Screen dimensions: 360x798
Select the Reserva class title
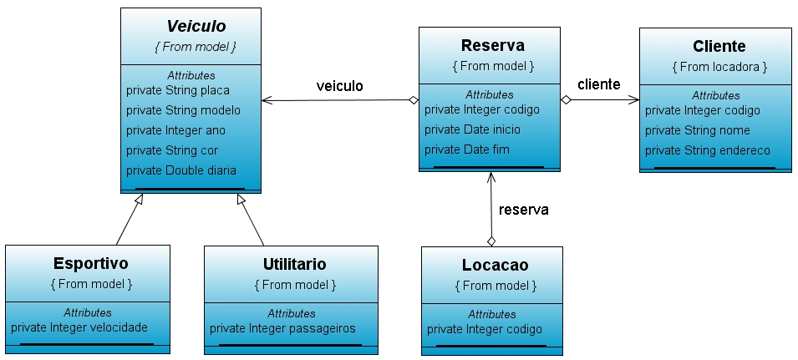click(492, 45)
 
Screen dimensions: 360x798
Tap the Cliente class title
click(719, 46)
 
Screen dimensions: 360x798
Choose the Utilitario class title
click(288, 265)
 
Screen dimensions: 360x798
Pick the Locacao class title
click(495, 266)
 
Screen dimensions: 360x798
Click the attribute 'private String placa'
click(177, 90)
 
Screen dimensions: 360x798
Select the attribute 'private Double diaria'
click(180, 170)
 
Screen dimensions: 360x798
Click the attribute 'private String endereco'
click(708, 150)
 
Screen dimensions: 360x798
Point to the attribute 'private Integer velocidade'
click(79, 327)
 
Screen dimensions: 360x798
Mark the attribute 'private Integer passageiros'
click(282, 328)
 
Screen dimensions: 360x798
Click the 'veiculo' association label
click(339, 86)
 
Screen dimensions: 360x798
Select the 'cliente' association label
click(599, 84)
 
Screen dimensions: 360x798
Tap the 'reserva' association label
click(523, 210)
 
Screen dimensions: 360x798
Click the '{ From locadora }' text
click(719, 66)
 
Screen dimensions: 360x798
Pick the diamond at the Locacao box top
click(491, 241)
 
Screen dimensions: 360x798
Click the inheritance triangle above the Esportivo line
click(141, 199)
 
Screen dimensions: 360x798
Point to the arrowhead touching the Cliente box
click(634, 99)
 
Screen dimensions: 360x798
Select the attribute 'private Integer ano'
click(175, 130)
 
